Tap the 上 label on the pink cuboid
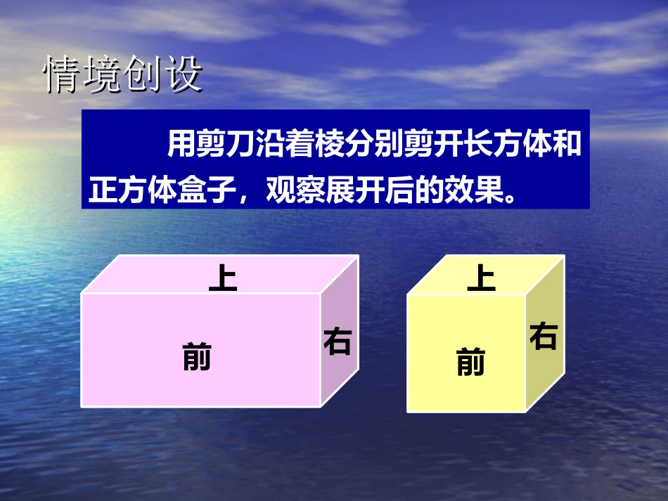point(223,278)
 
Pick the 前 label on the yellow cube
point(470,363)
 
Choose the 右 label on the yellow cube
point(544,336)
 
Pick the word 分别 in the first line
point(374,145)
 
